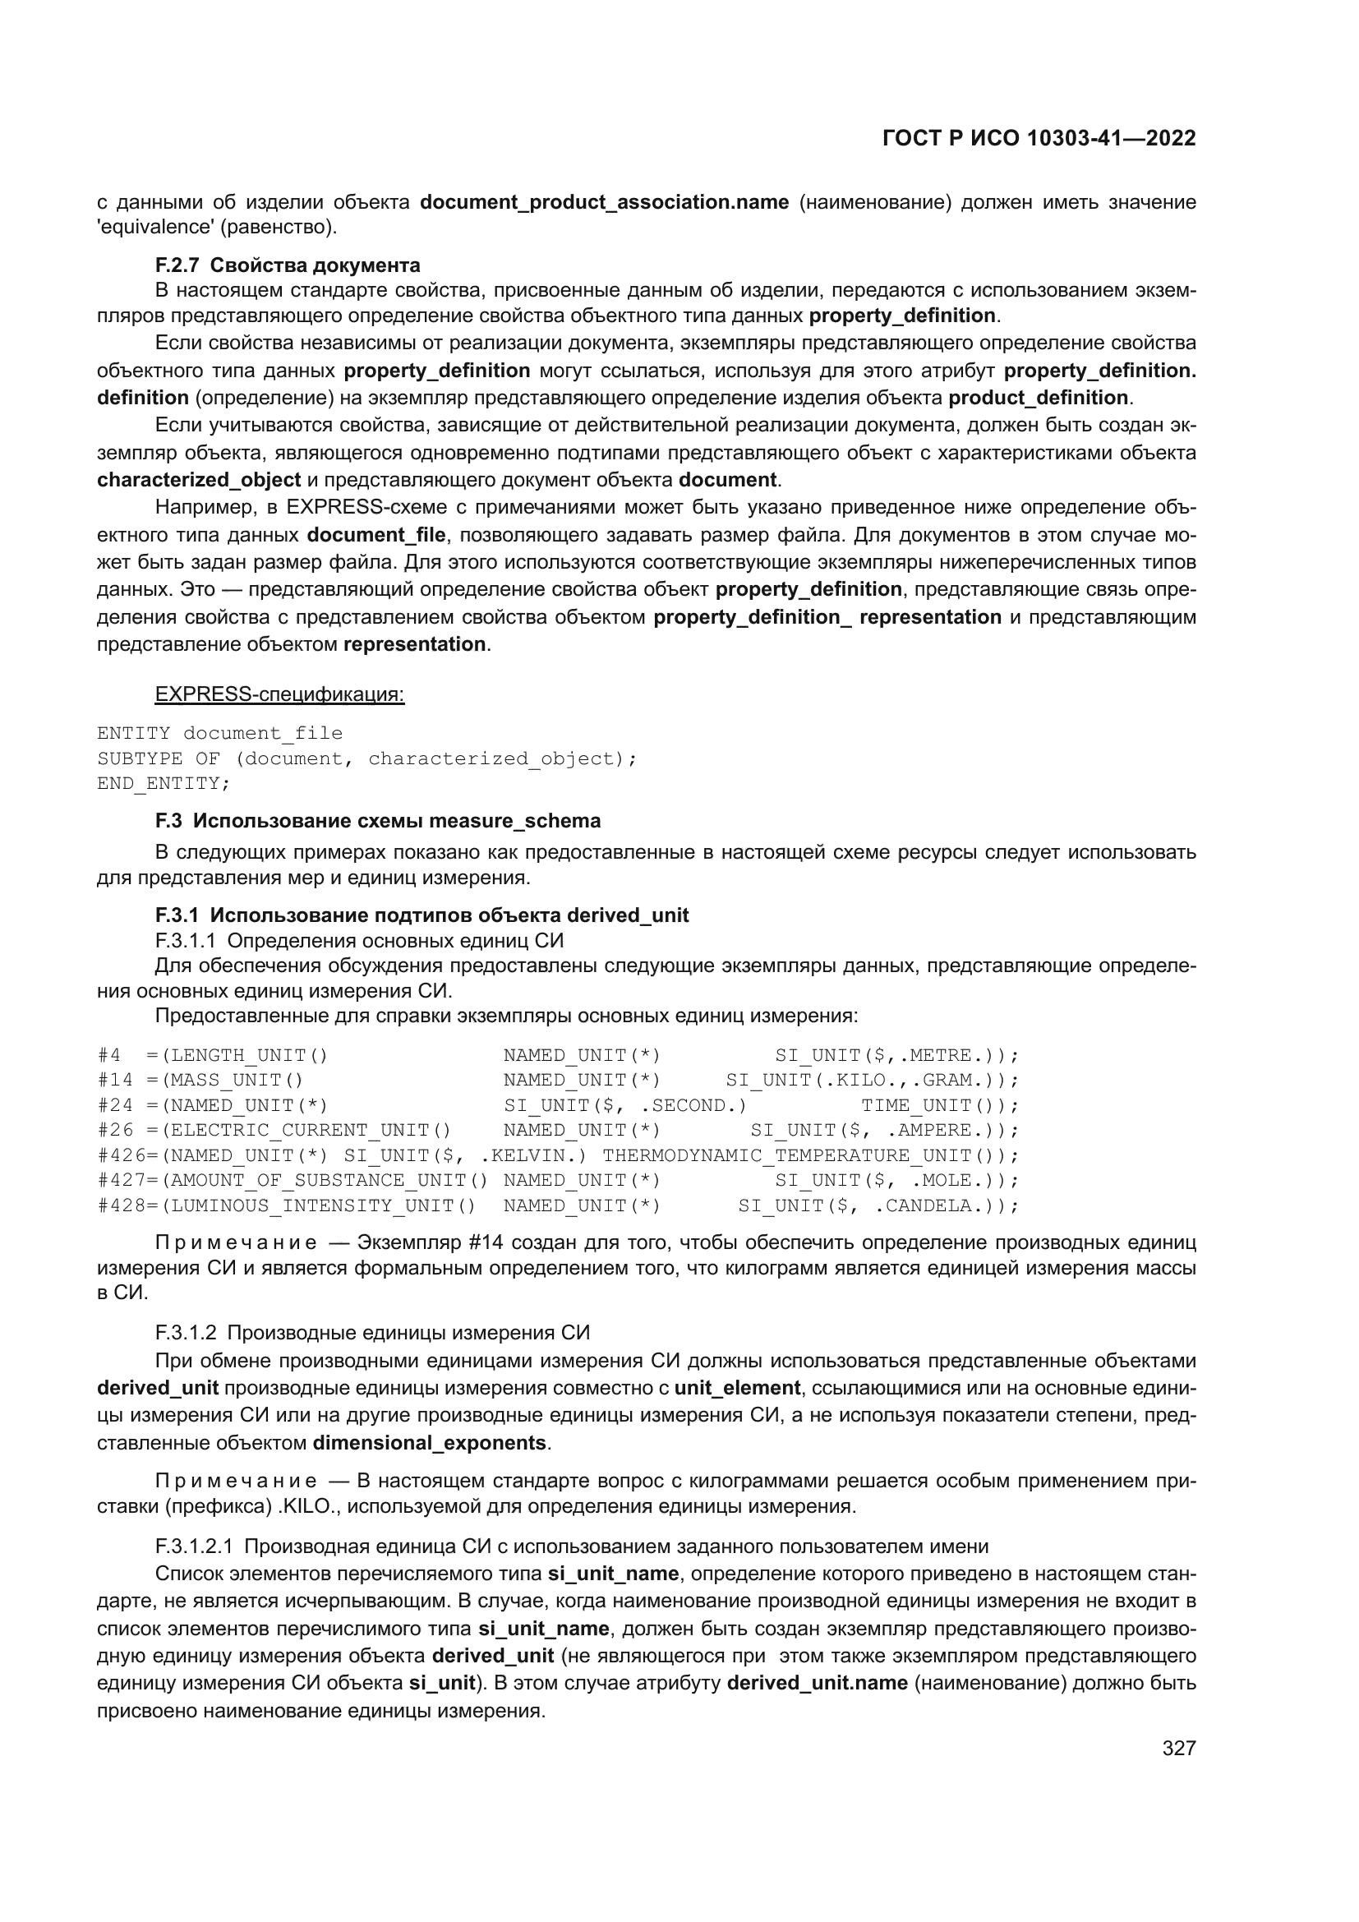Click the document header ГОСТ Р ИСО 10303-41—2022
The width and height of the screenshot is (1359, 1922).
point(1039,138)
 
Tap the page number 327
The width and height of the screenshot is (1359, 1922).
point(1178,1748)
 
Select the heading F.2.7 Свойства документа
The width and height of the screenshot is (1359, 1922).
point(287,265)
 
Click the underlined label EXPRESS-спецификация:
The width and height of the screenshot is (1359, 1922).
point(279,695)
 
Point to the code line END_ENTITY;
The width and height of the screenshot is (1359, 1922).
point(164,784)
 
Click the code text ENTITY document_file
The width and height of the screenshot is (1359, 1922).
point(219,733)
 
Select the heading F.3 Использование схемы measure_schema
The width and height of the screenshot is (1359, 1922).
point(377,821)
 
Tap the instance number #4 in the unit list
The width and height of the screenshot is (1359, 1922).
point(109,1055)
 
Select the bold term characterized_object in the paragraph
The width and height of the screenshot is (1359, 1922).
point(199,480)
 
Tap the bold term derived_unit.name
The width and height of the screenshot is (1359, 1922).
point(817,1684)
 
